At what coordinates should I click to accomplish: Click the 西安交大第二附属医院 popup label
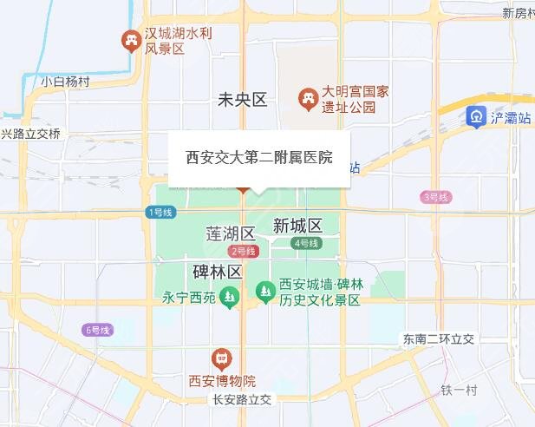point(259,159)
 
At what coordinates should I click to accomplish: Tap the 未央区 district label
point(243,100)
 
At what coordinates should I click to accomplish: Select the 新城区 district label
point(297,226)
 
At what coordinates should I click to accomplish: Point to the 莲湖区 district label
point(230,233)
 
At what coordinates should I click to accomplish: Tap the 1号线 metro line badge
point(160,212)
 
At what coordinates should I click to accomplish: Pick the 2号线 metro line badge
point(245,251)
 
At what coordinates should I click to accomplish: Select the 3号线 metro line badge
point(435,197)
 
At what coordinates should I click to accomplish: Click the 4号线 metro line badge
point(307,243)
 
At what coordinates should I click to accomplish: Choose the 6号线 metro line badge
point(98,330)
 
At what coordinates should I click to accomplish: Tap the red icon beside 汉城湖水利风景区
point(131,39)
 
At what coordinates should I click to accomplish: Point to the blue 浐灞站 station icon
point(476,117)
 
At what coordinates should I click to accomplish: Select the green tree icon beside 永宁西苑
point(229,297)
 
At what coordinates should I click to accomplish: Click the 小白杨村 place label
point(65,82)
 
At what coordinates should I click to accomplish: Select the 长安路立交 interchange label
point(242,400)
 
